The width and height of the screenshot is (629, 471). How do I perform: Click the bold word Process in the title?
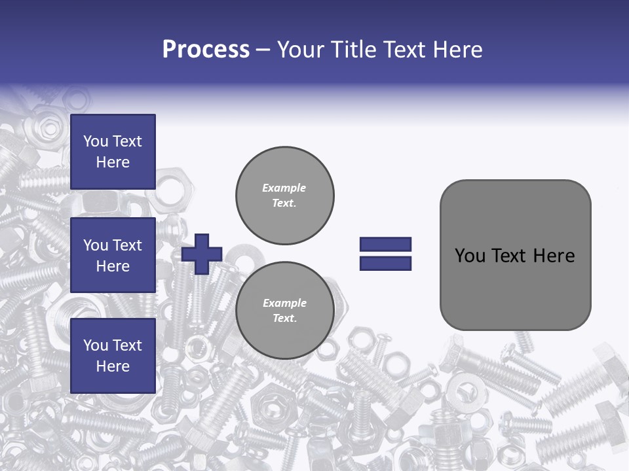[x=206, y=50]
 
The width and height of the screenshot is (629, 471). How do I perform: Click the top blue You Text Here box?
[x=113, y=152]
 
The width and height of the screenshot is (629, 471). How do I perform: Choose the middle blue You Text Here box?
[x=113, y=255]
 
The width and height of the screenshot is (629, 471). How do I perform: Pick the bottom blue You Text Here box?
[x=113, y=355]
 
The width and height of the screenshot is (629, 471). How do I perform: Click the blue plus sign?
[x=202, y=254]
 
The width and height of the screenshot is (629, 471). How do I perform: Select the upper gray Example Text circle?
[x=284, y=195]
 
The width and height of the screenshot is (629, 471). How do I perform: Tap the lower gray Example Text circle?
[x=284, y=310]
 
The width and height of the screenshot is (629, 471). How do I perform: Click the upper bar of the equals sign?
[x=385, y=245]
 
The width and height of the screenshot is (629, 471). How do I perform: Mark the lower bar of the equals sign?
[x=385, y=263]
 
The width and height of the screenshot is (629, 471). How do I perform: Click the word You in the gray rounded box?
[x=470, y=256]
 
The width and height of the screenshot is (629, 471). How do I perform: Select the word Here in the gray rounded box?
[x=554, y=256]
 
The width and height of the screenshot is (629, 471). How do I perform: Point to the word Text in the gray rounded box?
[x=510, y=256]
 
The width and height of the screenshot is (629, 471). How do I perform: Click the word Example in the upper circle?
[x=284, y=188]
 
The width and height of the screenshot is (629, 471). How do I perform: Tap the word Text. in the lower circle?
[x=284, y=318]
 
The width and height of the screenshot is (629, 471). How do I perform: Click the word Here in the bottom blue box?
[x=113, y=366]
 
